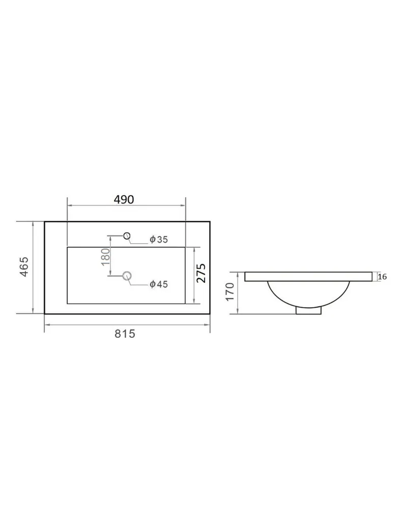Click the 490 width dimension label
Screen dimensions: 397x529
(x=124, y=200)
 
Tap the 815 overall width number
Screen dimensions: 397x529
(x=125, y=334)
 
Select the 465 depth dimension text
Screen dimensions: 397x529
(x=24, y=267)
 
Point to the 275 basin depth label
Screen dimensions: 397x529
(x=201, y=273)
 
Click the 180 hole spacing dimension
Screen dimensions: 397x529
(x=105, y=257)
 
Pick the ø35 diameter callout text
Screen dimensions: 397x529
(x=159, y=240)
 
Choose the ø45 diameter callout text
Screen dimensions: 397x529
(x=159, y=284)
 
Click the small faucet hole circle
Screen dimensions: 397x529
(x=127, y=236)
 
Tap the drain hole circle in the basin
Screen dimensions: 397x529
(x=127, y=276)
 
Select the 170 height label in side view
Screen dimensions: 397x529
(x=230, y=292)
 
